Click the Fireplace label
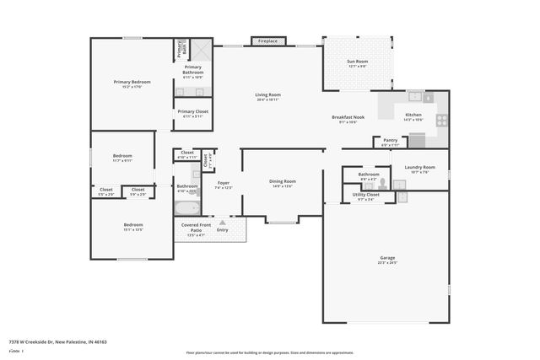(x=267, y=41)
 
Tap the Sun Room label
(x=357, y=62)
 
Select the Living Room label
(x=267, y=94)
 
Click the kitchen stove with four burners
(x=440, y=120)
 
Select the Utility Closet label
(x=365, y=195)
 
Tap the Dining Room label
(x=282, y=181)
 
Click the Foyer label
(x=224, y=183)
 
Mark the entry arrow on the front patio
(x=223, y=223)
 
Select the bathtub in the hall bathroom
(x=186, y=207)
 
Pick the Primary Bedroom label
(x=132, y=82)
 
